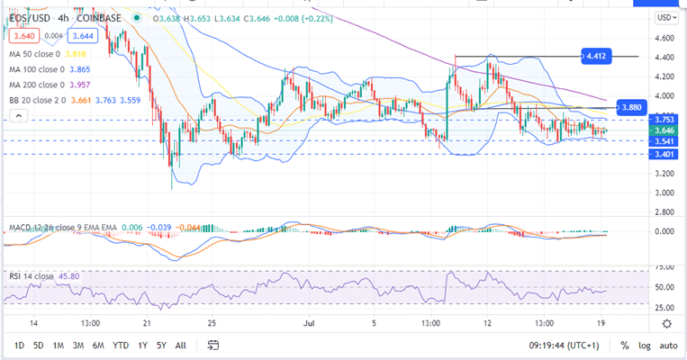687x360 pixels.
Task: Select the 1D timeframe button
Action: [20, 346]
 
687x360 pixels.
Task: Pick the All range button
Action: [181, 346]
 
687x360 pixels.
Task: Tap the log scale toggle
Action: [644, 346]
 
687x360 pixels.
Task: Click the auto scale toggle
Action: [668, 346]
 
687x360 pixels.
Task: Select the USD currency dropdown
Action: [666, 17]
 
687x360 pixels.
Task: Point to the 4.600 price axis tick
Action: [665, 38]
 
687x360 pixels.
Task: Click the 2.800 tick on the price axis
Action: [665, 212]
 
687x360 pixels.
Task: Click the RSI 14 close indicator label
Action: [31, 274]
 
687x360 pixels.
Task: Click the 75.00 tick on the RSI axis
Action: [665, 267]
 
